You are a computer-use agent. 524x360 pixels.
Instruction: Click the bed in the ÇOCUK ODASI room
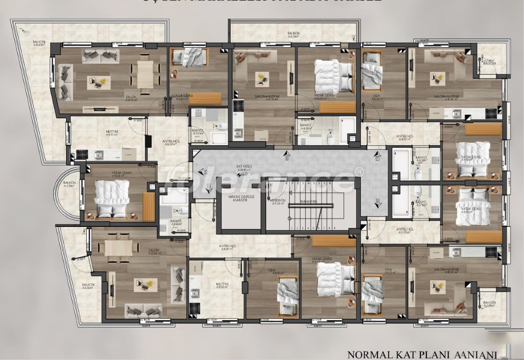click(x=191, y=58)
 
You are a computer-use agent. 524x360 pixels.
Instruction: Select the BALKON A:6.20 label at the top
click(x=294, y=35)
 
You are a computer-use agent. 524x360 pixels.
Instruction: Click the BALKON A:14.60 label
click(x=39, y=44)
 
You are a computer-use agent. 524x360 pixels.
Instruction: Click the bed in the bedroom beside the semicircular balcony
click(x=112, y=193)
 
